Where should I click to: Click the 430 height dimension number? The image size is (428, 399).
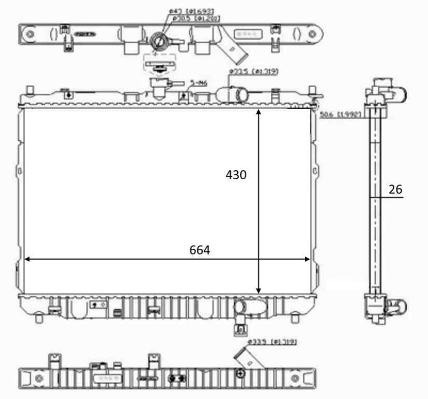[x=236, y=175]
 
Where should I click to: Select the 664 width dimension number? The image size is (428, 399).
[x=200, y=250]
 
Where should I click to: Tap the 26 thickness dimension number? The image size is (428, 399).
[x=396, y=189]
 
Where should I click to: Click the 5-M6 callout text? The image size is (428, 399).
[x=199, y=83]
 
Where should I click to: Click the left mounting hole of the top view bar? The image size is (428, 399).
[x=30, y=36]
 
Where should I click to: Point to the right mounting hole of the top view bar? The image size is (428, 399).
[x=309, y=35]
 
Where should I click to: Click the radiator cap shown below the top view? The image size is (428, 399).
[x=159, y=84]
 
